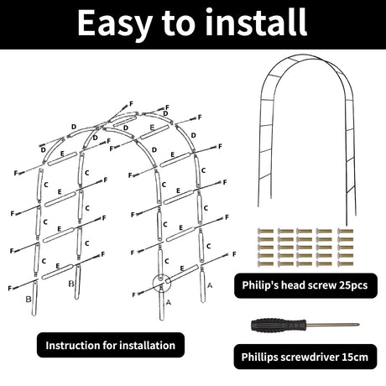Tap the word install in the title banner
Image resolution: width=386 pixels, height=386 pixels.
coord(256,22)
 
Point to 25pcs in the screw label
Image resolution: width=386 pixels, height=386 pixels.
coord(353,285)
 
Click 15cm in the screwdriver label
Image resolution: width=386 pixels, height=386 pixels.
coord(355,357)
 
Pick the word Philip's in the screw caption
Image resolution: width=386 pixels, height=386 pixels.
coord(260,285)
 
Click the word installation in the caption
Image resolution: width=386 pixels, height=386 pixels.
coord(147,346)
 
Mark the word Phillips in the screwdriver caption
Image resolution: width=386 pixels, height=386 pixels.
coord(259,357)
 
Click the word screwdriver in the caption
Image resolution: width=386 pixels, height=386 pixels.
coord(310,357)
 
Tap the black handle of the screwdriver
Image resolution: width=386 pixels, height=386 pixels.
coord(278,325)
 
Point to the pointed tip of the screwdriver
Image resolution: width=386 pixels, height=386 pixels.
coord(358,325)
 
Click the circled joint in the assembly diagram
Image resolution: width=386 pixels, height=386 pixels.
coord(162,284)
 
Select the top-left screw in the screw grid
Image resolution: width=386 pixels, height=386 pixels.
coord(265,232)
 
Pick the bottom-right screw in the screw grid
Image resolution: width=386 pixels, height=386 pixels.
coord(346,263)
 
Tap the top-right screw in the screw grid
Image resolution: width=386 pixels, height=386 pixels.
coord(346,232)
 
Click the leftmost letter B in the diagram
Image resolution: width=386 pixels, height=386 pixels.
coord(29,300)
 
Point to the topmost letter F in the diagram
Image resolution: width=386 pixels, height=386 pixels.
coord(131,104)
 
